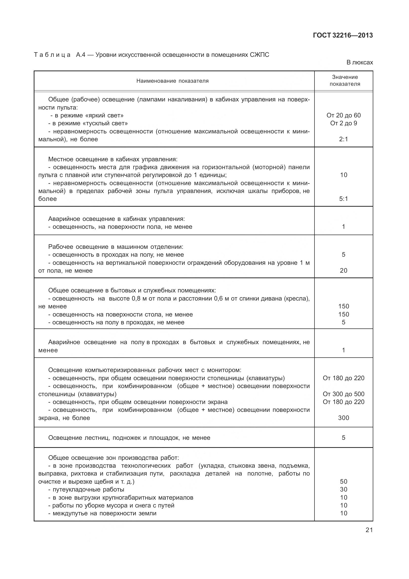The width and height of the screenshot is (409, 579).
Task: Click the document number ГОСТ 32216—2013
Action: (x=343, y=36)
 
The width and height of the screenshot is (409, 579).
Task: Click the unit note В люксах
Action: (x=360, y=62)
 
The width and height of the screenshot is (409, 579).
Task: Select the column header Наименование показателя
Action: (x=172, y=81)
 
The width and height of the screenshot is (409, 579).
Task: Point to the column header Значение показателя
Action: (x=345, y=80)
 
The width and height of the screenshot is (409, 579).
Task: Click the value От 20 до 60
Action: (x=343, y=115)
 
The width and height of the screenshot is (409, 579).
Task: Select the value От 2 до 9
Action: (x=343, y=123)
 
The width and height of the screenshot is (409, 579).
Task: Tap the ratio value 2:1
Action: (x=343, y=139)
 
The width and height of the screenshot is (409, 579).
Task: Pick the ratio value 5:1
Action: (x=343, y=199)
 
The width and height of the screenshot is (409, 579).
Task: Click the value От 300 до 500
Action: (x=343, y=394)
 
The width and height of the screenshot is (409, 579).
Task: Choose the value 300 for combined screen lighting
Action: (x=343, y=418)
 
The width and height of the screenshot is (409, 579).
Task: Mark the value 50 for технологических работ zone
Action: (x=343, y=481)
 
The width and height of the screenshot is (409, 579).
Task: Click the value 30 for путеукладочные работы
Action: (x=343, y=489)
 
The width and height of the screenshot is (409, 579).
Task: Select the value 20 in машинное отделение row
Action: (x=343, y=271)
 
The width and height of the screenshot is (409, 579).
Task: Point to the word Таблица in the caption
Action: (x=52, y=55)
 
